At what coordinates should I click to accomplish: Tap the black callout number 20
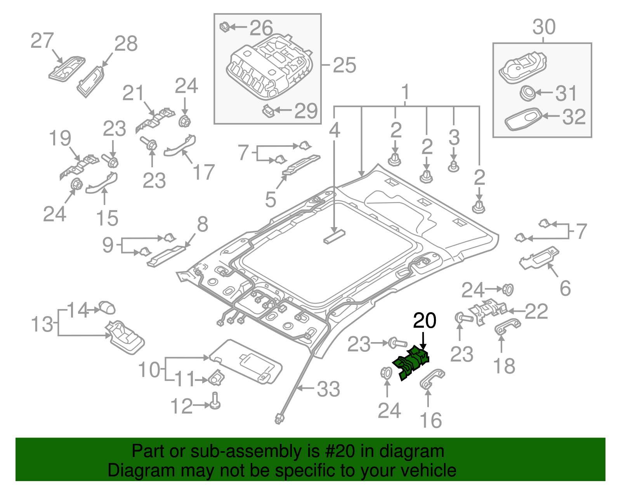[424, 321]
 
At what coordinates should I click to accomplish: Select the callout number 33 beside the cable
[328, 389]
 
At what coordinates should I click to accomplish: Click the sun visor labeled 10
[248, 361]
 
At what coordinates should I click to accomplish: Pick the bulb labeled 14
[107, 308]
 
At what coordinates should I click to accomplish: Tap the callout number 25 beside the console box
[344, 65]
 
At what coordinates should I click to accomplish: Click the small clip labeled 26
[225, 28]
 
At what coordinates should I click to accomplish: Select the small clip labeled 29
[268, 111]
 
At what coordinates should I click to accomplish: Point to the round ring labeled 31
[527, 93]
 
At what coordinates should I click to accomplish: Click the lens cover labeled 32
[524, 118]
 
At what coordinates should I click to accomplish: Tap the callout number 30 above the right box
[544, 27]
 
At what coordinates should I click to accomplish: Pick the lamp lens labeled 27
[67, 69]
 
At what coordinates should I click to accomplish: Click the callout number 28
[126, 44]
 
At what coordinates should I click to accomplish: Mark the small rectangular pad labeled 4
[334, 236]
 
